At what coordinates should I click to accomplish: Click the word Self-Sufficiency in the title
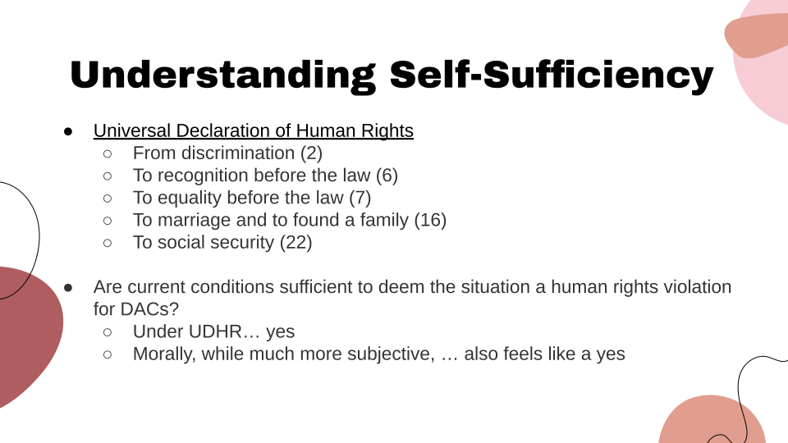551,75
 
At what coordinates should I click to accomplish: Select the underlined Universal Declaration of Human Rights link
253,130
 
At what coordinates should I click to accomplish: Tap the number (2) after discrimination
311,153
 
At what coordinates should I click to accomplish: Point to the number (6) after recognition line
387,175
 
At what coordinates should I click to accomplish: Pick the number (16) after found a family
430,220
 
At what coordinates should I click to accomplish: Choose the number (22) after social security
296,242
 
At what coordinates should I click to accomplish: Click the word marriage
192,220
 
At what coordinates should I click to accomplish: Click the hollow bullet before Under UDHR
108,332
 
